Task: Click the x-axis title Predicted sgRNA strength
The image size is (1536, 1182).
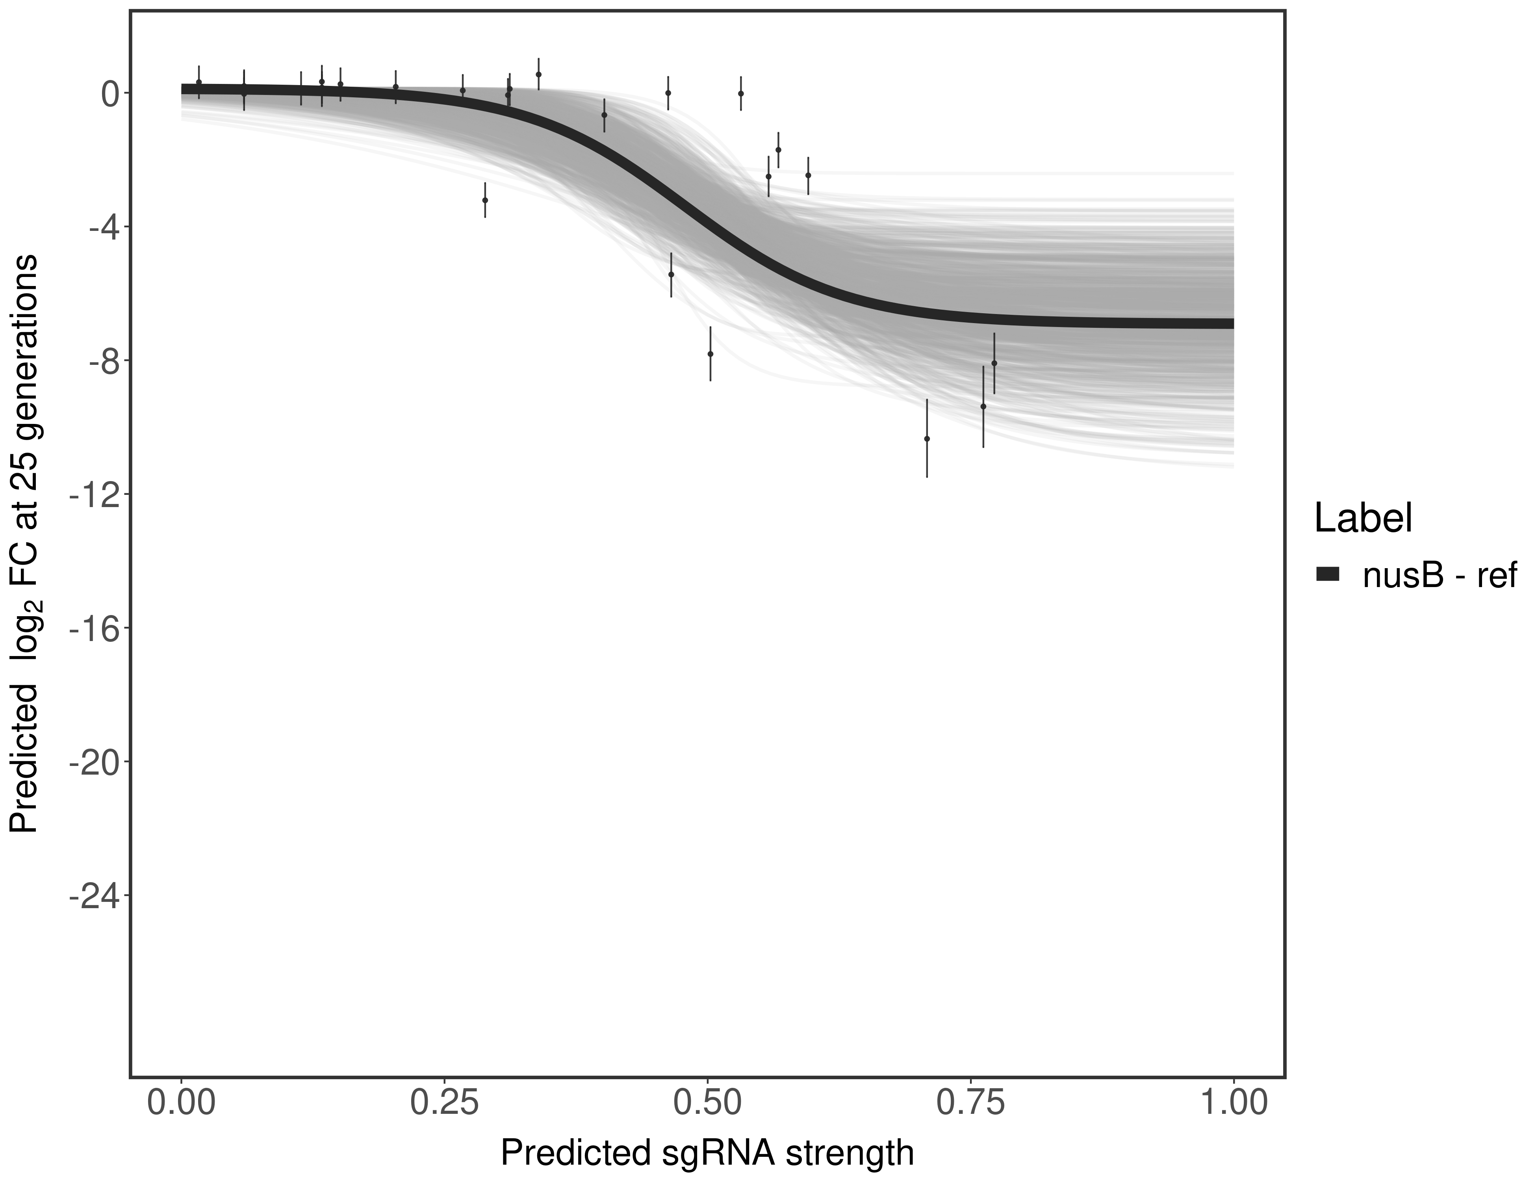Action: pos(707,1154)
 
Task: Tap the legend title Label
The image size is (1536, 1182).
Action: pos(1363,519)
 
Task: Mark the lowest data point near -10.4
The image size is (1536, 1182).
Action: pos(927,438)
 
